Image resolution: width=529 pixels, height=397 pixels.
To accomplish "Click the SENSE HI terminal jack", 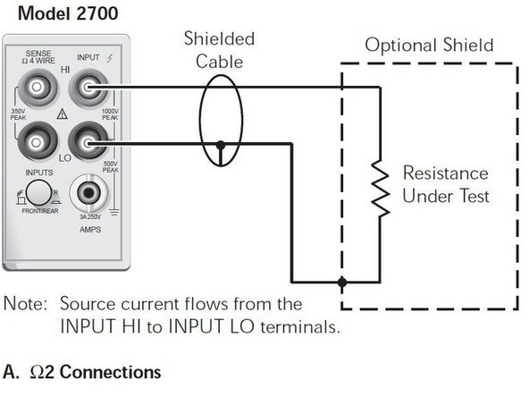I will (37, 88).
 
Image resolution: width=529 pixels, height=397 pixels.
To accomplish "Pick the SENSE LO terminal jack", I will (37, 141).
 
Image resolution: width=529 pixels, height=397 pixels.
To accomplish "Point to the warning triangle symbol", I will (62, 115).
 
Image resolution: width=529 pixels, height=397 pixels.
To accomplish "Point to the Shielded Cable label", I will (218, 49).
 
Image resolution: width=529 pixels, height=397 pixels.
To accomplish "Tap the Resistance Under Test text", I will (445, 184).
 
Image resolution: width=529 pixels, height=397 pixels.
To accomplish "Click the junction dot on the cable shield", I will (220, 143).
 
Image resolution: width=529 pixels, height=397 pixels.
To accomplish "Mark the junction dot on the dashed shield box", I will (342, 282).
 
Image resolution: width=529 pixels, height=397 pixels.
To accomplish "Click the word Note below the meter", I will (24, 304).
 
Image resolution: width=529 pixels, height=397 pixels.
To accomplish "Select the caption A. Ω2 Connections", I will (82, 370).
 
